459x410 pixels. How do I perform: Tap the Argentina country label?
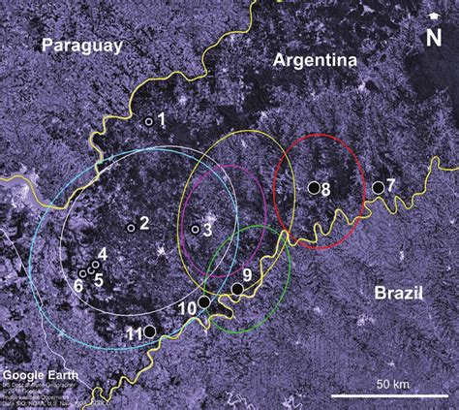click(x=316, y=60)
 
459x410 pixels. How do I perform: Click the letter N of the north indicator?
click(x=435, y=38)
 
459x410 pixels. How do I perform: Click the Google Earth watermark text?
click(x=37, y=375)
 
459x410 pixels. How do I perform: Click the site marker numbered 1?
click(x=148, y=121)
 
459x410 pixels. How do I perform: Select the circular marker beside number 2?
click(x=131, y=228)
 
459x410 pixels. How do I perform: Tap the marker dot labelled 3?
click(x=196, y=230)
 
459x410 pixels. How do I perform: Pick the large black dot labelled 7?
click(x=378, y=186)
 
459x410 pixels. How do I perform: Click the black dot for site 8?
click(x=313, y=188)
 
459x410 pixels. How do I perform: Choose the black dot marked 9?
click(x=237, y=289)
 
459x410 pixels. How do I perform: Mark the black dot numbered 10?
click(x=204, y=302)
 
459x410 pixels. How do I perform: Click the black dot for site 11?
click(x=150, y=331)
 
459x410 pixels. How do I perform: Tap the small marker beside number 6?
click(x=83, y=273)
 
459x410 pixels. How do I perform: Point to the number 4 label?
click(x=102, y=253)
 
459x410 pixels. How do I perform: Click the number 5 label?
click(x=98, y=278)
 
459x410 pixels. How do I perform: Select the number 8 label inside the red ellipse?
click(x=325, y=190)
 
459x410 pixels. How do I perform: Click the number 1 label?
click(x=161, y=119)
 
